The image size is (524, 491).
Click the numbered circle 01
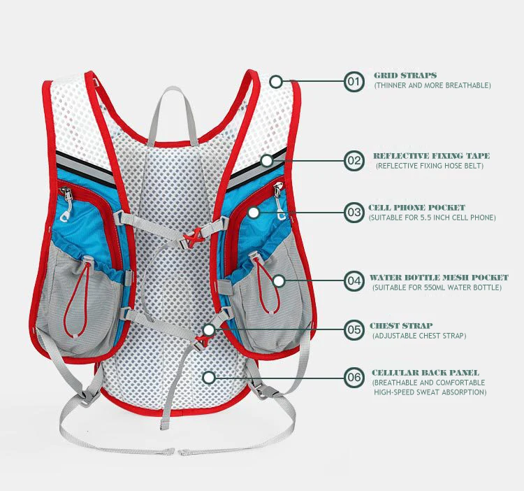click(x=355, y=82)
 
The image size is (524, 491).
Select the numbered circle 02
click(x=355, y=160)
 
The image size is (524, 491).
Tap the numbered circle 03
click(x=355, y=211)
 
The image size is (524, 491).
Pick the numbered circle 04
click(x=355, y=281)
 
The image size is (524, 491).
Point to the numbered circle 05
click(x=355, y=329)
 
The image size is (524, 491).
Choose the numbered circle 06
click(x=355, y=378)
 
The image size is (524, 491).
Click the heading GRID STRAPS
click(x=405, y=75)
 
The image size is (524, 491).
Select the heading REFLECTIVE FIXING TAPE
click(x=431, y=156)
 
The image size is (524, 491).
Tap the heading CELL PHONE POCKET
click(x=416, y=208)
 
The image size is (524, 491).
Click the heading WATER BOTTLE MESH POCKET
click(x=439, y=278)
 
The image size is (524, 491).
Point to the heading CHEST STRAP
click(x=401, y=326)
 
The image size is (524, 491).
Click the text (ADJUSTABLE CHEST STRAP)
click(x=419, y=336)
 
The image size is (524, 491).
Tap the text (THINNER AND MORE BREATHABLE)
click(x=432, y=85)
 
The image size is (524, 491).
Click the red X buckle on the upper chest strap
click(x=196, y=234)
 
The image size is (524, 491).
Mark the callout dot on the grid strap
click(x=277, y=82)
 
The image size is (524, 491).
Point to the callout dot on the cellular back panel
click(x=208, y=378)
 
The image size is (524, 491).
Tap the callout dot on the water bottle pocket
click(x=279, y=281)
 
